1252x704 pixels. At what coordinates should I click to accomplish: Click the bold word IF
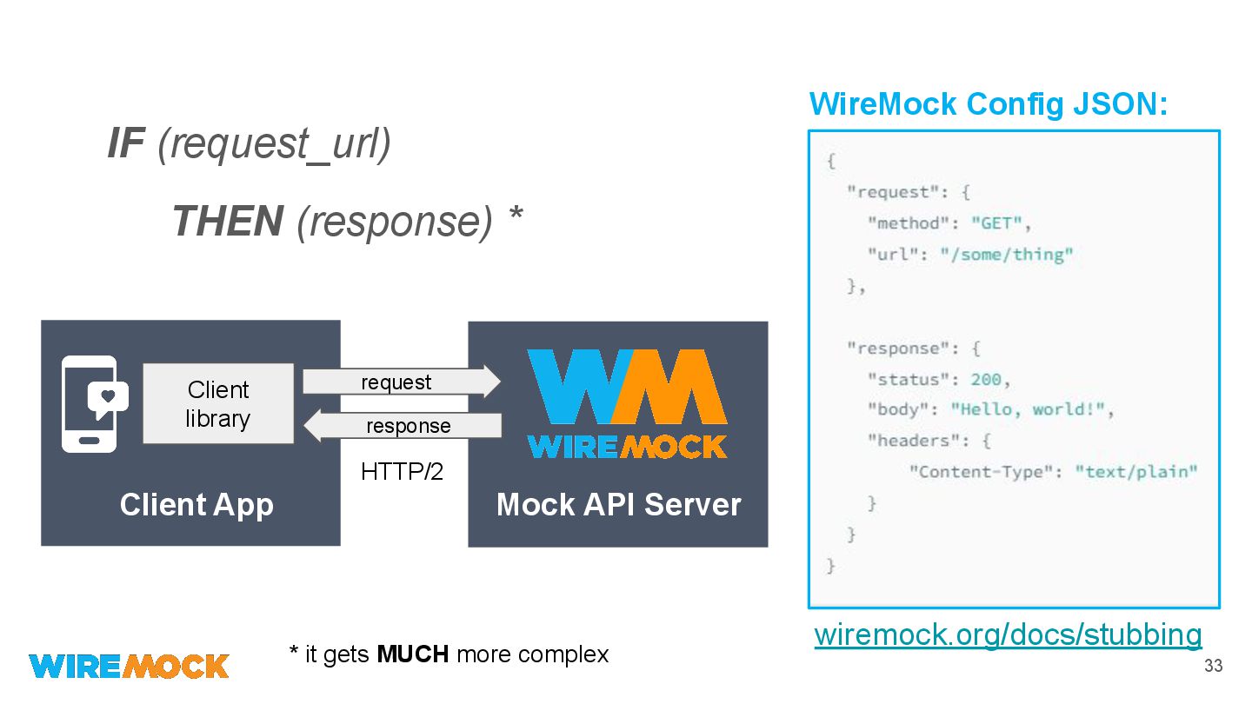pos(125,143)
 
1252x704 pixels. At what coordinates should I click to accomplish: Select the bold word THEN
pos(227,221)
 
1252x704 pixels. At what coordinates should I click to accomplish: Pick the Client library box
pos(217,404)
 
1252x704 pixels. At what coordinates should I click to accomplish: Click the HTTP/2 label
pos(402,472)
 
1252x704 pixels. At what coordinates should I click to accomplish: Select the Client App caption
pos(196,505)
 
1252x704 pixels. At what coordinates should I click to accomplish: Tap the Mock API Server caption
pos(618,505)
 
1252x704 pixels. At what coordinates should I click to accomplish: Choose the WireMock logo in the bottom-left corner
pos(129,666)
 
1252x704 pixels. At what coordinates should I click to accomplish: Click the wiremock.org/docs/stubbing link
pos(1008,634)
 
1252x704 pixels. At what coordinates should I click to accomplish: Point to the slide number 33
pos(1213,667)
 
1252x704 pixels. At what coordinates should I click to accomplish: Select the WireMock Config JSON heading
pos(988,104)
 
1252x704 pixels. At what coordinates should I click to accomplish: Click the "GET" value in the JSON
pos(996,223)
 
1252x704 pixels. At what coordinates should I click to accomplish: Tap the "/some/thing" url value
pos(1007,255)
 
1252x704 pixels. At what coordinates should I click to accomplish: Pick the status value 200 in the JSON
pos(986,380)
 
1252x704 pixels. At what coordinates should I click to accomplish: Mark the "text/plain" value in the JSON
pos(1135,472)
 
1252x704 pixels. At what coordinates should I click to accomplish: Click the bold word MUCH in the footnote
pos(412,654)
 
